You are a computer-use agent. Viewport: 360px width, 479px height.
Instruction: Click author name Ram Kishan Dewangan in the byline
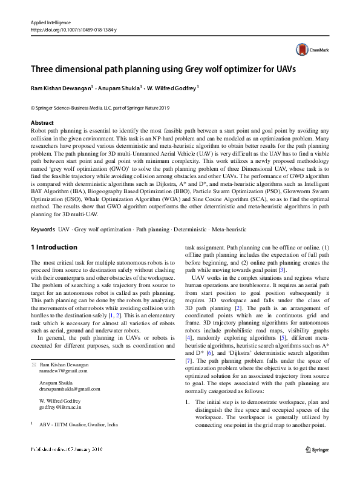(60, 88)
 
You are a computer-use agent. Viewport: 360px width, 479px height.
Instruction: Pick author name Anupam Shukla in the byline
(119, 88)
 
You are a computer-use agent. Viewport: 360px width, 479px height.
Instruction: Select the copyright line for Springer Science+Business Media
(100, 108)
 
